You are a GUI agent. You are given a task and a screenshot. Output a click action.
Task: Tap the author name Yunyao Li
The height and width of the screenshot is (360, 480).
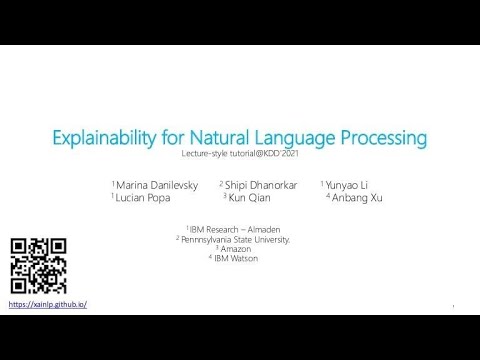(x=347, y=185)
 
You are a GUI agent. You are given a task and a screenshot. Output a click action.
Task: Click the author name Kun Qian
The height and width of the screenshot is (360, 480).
(x=249, y=198)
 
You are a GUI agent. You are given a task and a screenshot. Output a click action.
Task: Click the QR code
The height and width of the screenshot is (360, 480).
(x=38, y=265)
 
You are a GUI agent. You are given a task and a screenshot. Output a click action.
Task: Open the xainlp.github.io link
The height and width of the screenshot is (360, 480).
(x=48, y=304)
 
